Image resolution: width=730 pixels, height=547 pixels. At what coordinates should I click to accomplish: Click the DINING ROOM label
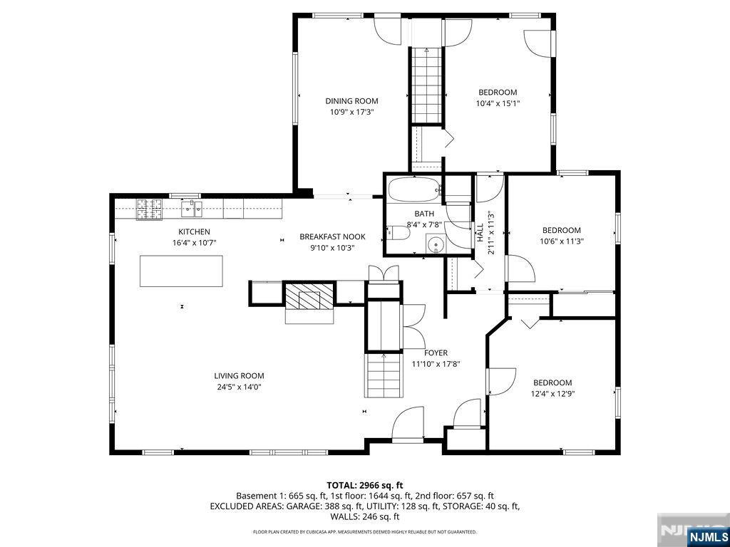tap(351, 101)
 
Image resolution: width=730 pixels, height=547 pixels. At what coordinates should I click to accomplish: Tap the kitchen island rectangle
tap(181, 271)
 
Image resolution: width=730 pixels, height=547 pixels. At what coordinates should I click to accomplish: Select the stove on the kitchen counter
tap(149, 208)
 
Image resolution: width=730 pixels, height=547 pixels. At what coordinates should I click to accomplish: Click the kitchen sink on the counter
tap(191, 208)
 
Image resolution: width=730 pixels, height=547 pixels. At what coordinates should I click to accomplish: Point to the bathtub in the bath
tap(413, 191)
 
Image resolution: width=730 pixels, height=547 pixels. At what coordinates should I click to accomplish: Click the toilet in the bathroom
tap(395, 232)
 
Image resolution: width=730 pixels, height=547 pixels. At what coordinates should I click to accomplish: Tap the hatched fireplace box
tap(309, 295)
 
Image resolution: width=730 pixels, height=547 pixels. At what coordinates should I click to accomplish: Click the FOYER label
tap(436, 353)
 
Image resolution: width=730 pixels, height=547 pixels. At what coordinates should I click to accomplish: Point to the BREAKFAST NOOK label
tap(332, 237)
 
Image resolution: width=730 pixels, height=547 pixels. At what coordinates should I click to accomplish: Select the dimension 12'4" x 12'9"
tap(552, 393)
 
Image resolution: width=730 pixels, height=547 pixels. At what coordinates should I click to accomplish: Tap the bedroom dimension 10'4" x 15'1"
tap(498, 103)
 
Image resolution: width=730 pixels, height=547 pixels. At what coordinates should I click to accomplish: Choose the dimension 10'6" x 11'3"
tap(562, 241)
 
